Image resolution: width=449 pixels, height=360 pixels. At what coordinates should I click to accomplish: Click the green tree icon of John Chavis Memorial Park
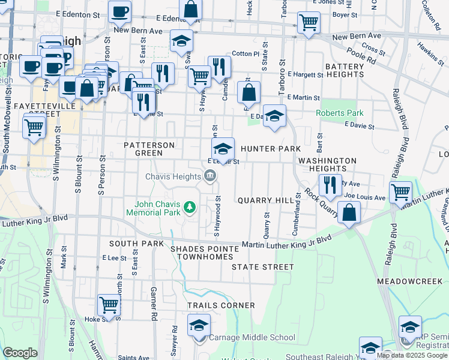190,208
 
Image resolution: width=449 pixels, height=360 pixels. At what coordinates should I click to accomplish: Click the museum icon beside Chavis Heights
209,176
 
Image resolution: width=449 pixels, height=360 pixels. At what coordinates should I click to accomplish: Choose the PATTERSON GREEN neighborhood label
149,149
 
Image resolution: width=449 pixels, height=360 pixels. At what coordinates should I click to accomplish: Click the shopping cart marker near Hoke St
109,305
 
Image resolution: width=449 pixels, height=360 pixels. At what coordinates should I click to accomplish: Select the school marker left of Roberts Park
274,116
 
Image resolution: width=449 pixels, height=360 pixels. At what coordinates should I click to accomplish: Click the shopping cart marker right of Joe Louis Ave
400,193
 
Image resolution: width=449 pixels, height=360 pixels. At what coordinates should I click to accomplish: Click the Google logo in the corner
20,352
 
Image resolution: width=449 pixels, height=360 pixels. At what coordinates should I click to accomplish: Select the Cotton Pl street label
246,53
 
